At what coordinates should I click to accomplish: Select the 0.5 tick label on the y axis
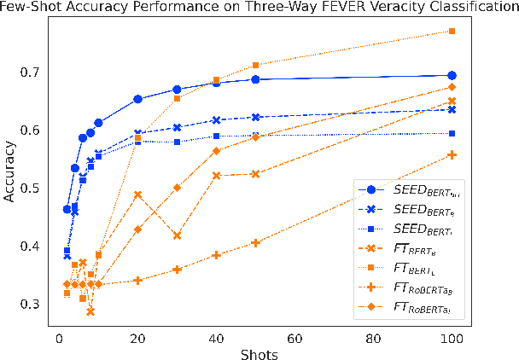(x=28, y=189)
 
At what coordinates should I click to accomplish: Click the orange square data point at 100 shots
(x=452, y=31)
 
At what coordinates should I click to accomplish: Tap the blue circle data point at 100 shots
(x=452, y=75)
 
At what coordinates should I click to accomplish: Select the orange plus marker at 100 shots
(x=452, y=154)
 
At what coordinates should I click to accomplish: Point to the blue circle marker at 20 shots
(x=137, y=99)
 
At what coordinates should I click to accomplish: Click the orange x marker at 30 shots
(x=177, y=235)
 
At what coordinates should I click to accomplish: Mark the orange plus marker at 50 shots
(x=255, y=243)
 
